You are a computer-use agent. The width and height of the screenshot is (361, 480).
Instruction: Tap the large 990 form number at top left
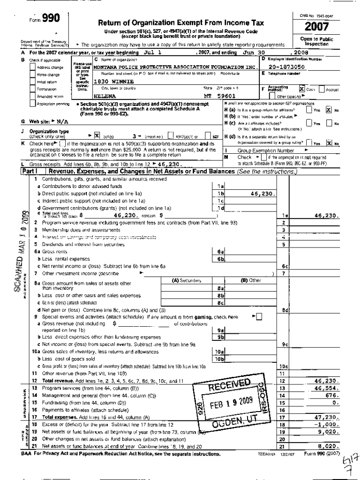50,18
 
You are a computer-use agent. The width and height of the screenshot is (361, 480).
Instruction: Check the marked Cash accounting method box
302,89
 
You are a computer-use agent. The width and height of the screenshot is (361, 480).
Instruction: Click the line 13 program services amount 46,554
327,388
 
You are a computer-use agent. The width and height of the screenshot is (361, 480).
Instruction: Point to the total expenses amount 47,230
327,417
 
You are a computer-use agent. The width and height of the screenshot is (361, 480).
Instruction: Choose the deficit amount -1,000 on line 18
328,424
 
